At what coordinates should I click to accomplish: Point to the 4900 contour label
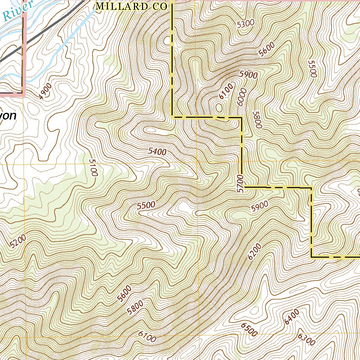(x=45, y=91)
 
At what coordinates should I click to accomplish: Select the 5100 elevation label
(x=93, y=167)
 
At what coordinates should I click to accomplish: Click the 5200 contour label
(x=18, y=242)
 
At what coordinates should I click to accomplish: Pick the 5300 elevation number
(x=245, y=24)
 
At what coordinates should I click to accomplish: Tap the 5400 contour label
(x=157, y=152)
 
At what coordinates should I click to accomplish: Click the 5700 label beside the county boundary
(x=240, y=183)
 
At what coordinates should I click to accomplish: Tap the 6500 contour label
(x=249, y=329)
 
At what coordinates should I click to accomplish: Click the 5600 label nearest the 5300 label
(x=266, y=50)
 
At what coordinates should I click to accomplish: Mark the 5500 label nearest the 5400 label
(x=146, y=206)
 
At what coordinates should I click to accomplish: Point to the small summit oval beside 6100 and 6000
(x=219, y=107)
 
